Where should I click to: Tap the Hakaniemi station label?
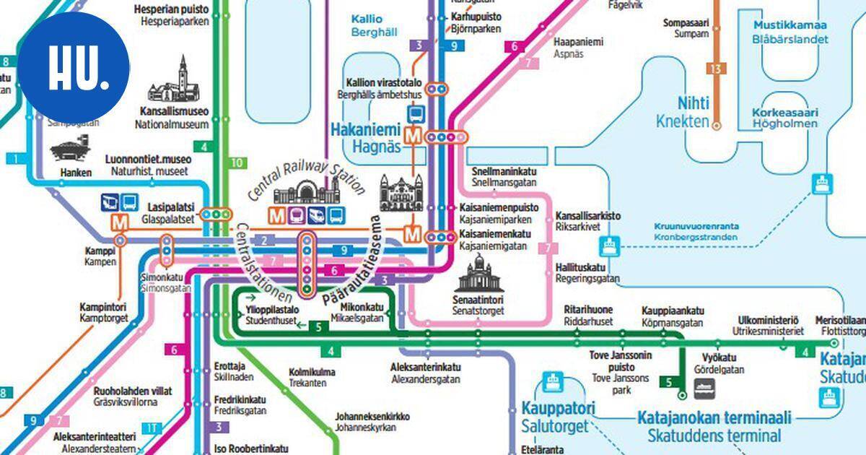click(x=365, y=138)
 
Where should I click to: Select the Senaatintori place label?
click(x=478, y=305)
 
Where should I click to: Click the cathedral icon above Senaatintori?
click(x=477, y=275)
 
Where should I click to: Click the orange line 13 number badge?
click(x=715, y=69)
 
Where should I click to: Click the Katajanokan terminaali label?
click(x=714, y=426)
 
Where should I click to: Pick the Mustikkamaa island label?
click(x=790, y=32)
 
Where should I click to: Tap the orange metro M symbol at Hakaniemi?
click(x=414, y=135)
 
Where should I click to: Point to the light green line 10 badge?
click(x=237, y=162)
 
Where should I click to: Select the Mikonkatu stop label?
click(x=357, y=311)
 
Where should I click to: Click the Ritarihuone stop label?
click(x=587, y=315)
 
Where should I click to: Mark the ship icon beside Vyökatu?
click(x=703, y=390)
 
